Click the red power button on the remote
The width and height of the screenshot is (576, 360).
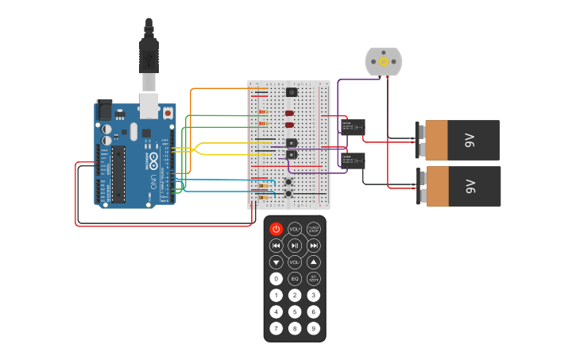276,229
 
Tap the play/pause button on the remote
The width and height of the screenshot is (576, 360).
295,246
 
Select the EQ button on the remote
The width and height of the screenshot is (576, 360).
295,279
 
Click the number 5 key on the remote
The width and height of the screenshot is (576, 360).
295,312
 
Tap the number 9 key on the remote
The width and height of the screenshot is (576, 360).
314,328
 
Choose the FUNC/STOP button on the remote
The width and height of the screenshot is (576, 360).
314,229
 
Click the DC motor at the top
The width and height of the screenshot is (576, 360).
384,61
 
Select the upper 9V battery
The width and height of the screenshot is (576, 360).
462,141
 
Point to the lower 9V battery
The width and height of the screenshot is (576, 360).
462,186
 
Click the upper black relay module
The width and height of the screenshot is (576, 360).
353,126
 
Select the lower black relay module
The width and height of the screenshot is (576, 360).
353,161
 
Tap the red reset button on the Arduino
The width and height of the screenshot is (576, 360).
168,114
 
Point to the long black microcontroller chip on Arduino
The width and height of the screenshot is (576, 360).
118,173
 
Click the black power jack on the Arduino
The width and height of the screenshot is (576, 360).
104,109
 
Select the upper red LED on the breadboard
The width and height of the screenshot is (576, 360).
289,113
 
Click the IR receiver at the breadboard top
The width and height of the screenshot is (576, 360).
292,92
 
